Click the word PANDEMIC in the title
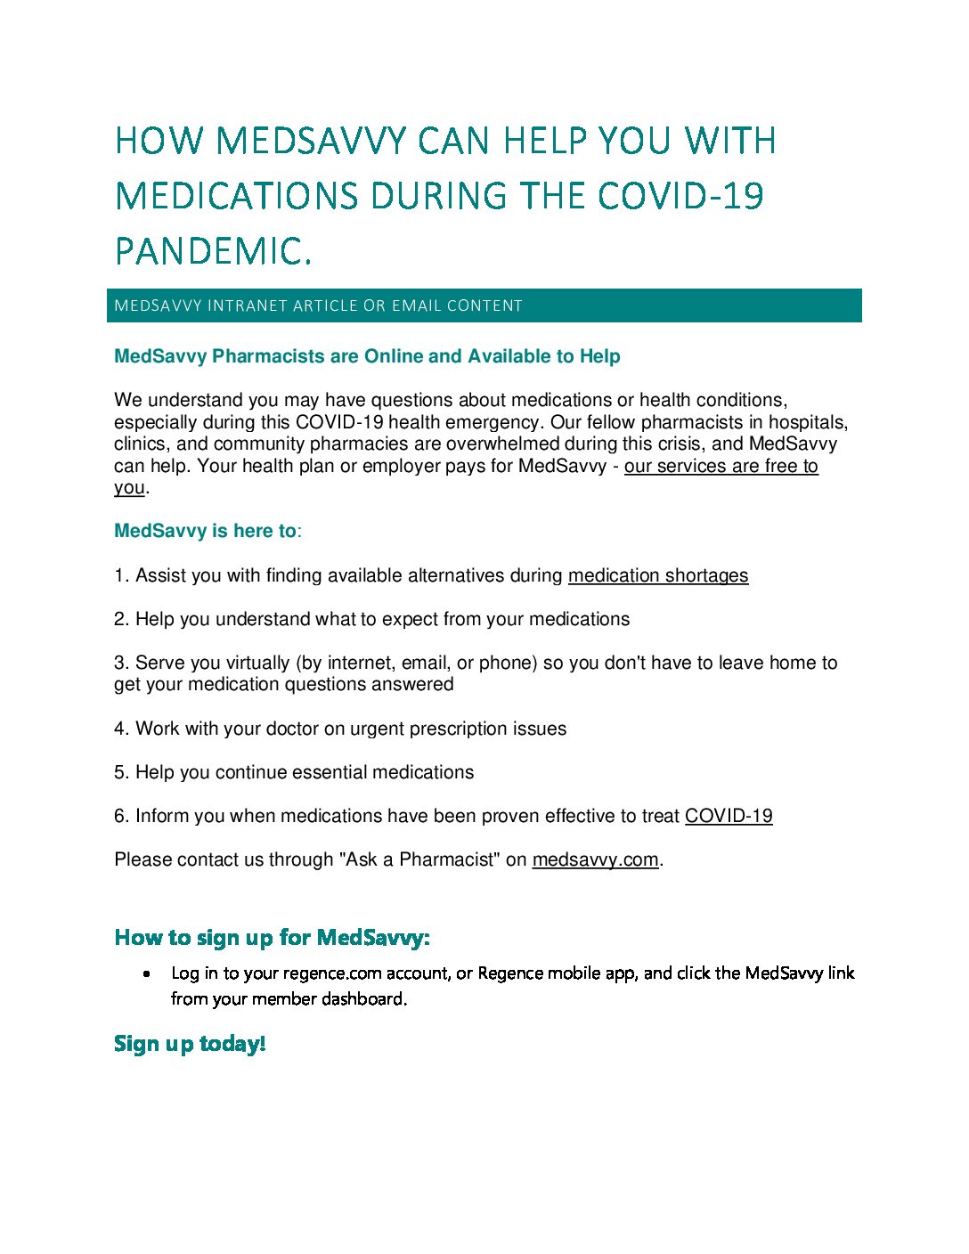[x=212, y=251]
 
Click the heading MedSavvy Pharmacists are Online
[x=367, y=356]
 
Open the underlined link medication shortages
[x=658, y=575]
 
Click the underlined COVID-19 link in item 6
[x=729, y=816]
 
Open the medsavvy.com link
[x=595, y=859]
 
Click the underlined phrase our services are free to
[x=721, y=466]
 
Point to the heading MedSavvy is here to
[x=206, y=531]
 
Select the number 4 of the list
[x=119, y=729]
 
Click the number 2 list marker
[x=119, y=619]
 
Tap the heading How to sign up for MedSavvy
[x=272, y=937]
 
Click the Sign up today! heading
[x=190, y=1043]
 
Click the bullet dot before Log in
[x=147, y=973]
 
